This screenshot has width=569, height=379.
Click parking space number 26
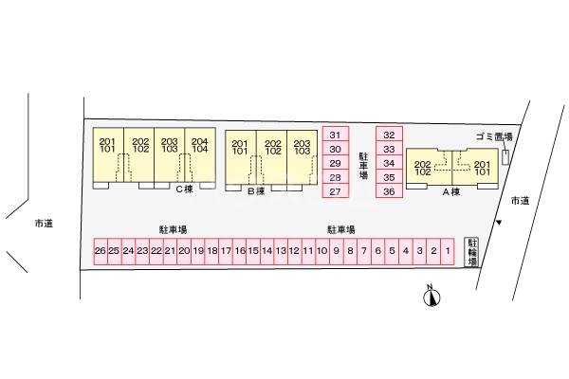click(101, 251)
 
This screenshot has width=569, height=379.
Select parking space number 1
click(447, 251)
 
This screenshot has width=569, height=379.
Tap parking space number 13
click(281, 251)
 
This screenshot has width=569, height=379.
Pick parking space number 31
click(335, 135)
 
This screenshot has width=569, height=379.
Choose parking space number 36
click(389, 191)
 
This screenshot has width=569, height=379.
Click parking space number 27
click(335, 191)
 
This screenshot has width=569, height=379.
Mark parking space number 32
click(389, 135)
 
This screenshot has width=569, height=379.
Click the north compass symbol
click(432, 298)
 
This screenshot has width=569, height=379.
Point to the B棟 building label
click(255, 191)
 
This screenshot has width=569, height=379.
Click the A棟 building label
click(450, 191)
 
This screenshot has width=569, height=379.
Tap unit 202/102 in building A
click(423, 169)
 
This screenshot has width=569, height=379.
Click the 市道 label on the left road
click(43, 224)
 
